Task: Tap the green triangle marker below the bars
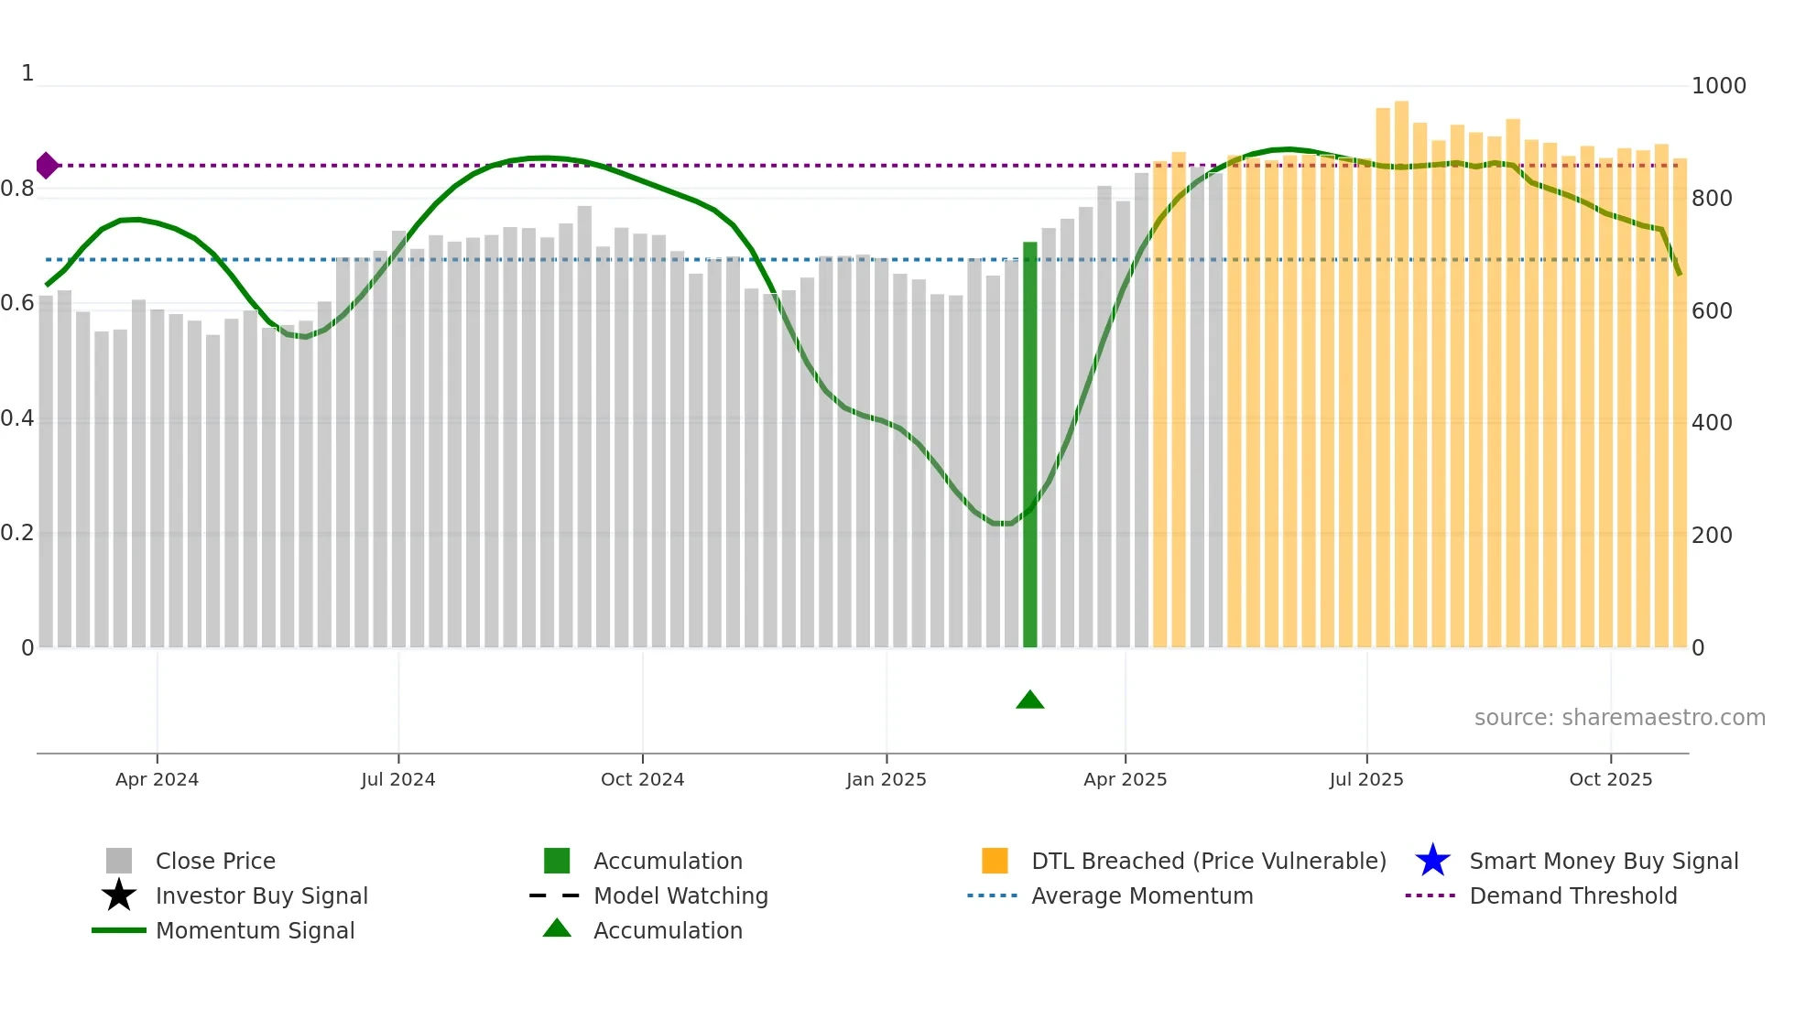pos(1029,700)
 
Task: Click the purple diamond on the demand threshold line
pos(47,166)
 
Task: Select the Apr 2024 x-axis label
pos(157,779)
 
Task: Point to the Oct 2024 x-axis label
pos(642,779)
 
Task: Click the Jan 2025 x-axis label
pos(886,779)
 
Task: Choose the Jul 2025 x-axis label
pos(1365,779)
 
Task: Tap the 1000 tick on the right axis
pos(1718,86)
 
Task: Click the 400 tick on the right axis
pos(1711,423)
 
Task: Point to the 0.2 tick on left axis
pos(16,533)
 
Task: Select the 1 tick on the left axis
pos(27,73)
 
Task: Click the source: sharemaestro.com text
pos(1619,718)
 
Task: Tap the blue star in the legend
pos(1432,861)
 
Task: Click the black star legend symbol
pos(119,895)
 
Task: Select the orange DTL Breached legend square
pos(995,861)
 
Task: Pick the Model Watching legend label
pos(680,895)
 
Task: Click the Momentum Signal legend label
pos(255,930)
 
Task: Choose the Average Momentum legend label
pos(1142,895)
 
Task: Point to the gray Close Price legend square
pos(119,861)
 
